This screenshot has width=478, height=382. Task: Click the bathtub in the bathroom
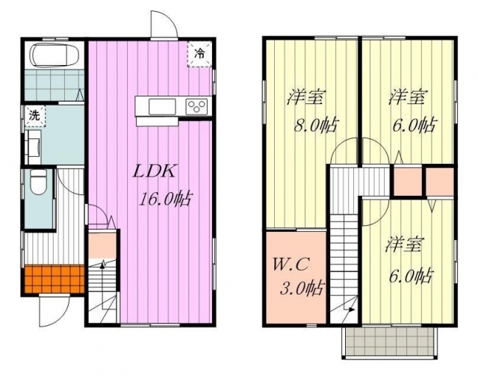pos(55,55)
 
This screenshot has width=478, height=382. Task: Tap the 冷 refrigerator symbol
pos(199,54)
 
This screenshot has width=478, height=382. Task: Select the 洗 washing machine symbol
pos(34,116)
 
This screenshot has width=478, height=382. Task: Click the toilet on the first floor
pos(39,182)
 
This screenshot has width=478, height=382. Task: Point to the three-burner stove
pos(196,107)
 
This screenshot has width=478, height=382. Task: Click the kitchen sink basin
pos(162,107)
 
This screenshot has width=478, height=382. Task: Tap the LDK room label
pos(155,172)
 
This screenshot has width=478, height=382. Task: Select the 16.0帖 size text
pos(165,200)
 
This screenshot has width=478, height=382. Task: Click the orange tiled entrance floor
pos(55,279)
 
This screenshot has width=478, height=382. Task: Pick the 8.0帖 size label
pos(316,125)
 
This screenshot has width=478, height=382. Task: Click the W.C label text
pos(292,264)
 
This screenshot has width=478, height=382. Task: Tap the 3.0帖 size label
pos(302,288)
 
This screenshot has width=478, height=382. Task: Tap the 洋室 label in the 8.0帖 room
pos(305,97)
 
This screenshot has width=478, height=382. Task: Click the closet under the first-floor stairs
pos(102,245)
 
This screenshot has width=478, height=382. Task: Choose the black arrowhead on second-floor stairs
pos(352,309)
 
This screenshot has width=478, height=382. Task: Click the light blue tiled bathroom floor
pos(55,84)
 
